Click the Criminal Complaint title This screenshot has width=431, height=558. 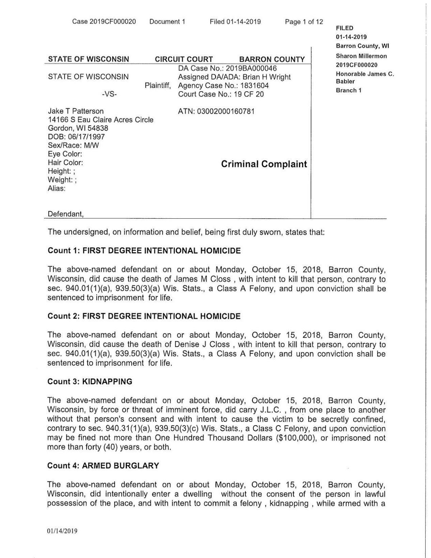click(x=264, y=164)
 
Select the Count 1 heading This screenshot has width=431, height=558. click(x=144, y=251)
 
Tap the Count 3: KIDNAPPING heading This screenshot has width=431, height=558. click(x=90, y=381)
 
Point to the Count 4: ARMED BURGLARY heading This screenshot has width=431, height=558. click(x=103, y=466)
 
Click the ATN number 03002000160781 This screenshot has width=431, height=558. click(x=216, y=111)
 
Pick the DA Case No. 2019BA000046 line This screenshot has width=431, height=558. click(x=227, y=68)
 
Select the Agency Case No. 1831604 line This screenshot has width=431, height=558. click(x=223, y=85)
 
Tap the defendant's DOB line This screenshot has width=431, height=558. click(x=77, y=137)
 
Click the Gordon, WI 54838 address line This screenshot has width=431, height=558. click(x=78, y=128)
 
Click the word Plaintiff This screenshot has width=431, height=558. click(x=158, y=85)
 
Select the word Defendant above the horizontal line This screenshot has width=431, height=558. click(x=66, y=214)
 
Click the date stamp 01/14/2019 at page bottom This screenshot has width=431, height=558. click(x=62, y=531)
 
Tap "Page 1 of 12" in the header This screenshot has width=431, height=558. click(x=304, y=22)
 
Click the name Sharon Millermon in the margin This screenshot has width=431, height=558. click(x=361, y=56)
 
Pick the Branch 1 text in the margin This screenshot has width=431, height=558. click(x=348, y=90)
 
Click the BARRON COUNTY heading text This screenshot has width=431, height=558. click(x=272, y=59)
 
